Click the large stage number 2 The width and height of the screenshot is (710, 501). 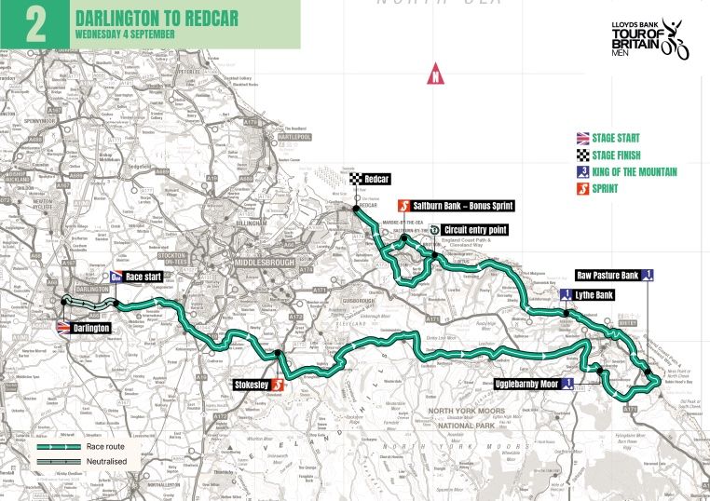click(x=34, y=25)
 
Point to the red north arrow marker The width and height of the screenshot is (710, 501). click(x=434, y=76)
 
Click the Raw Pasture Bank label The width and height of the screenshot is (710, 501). click(x=607, y=275)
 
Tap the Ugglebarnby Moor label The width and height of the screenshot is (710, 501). click(x=526, y=383)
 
